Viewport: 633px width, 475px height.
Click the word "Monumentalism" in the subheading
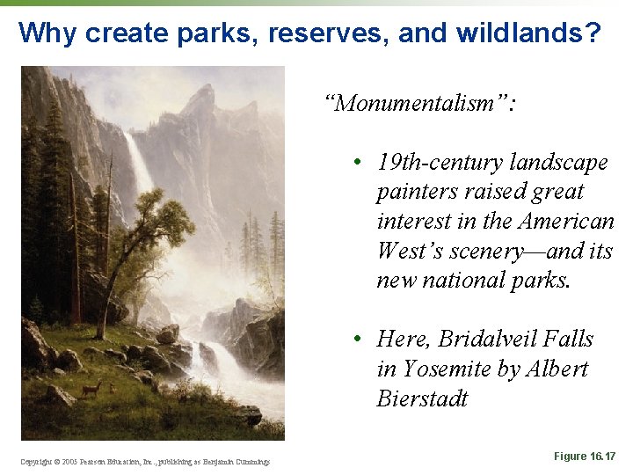tap(419, 104)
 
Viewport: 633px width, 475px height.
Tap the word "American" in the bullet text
tap(567, 222)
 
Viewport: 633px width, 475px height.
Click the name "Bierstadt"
tap(422, 399)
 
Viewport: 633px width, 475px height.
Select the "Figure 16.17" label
tap(585, 456)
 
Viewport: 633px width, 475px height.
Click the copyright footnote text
tap(146, 461)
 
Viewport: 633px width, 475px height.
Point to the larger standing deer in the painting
tap(91, 387)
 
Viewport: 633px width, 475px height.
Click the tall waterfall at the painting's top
tap(139, 163)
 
